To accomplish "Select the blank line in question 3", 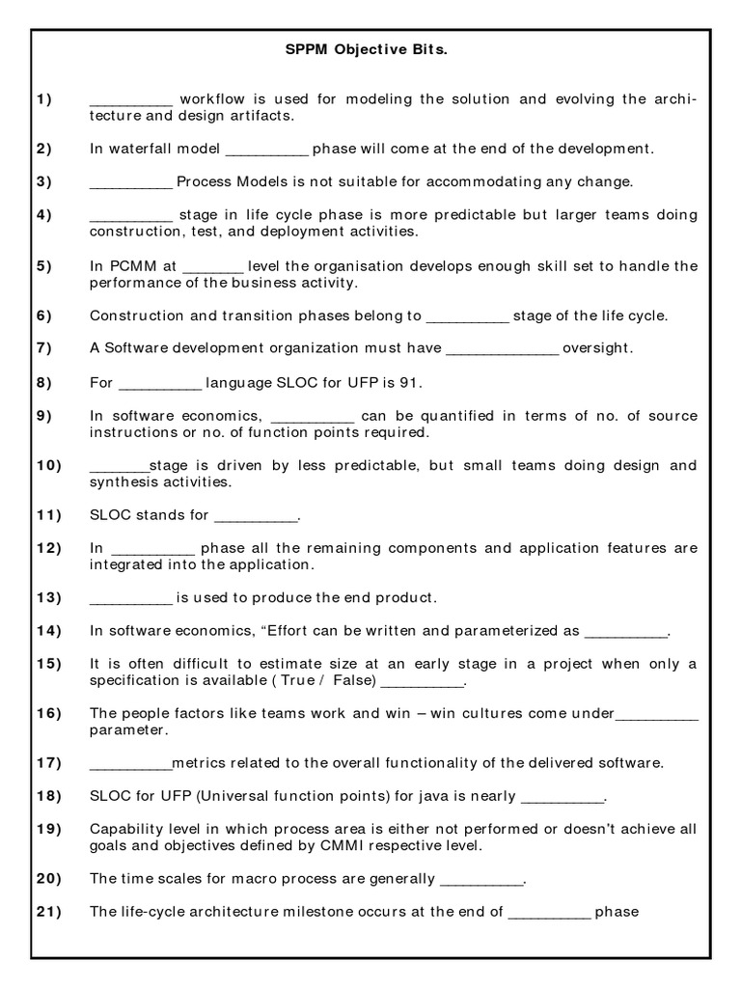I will point(130,181).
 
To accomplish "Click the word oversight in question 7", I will point(598,348).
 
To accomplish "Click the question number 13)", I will point(49,597).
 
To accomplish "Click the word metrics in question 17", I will point(198,763).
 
